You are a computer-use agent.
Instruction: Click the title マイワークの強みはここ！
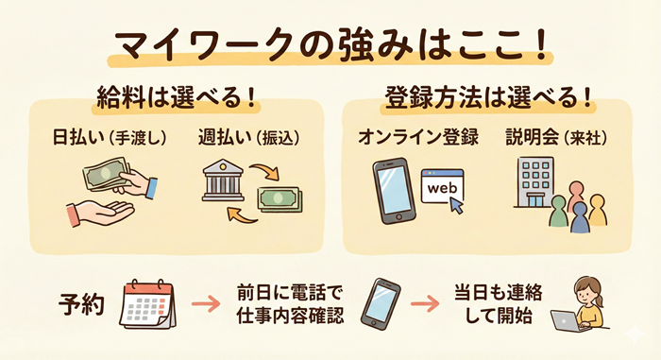[x=330, y=44]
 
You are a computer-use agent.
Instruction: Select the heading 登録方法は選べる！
[x=490, y=98]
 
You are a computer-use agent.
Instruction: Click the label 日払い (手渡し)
[x=110, y=137]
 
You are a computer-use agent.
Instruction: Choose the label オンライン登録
[x=415, y=137]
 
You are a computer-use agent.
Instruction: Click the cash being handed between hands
[x=107, y=178]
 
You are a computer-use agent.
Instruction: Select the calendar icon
[x=149, y=304]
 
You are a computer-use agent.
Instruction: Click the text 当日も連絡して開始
[x=501, y=305]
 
